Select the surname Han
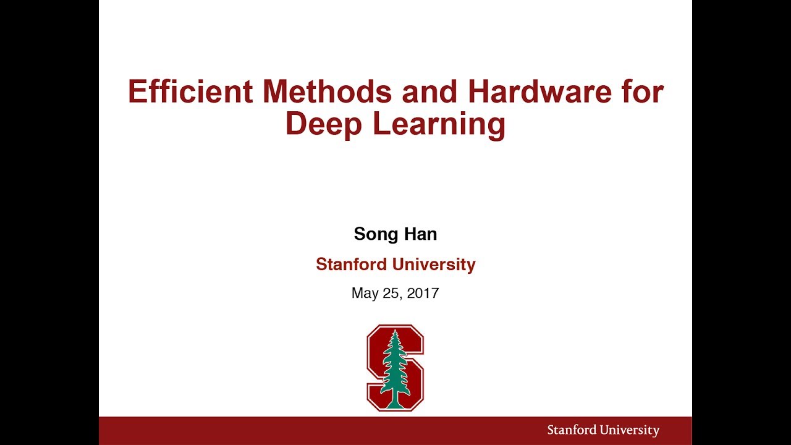pyautogui.click(x=421, y=234)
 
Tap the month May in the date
pyautogui.click(x=364, y=294)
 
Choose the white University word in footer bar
pyautogui.click(x=628, y=430)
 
